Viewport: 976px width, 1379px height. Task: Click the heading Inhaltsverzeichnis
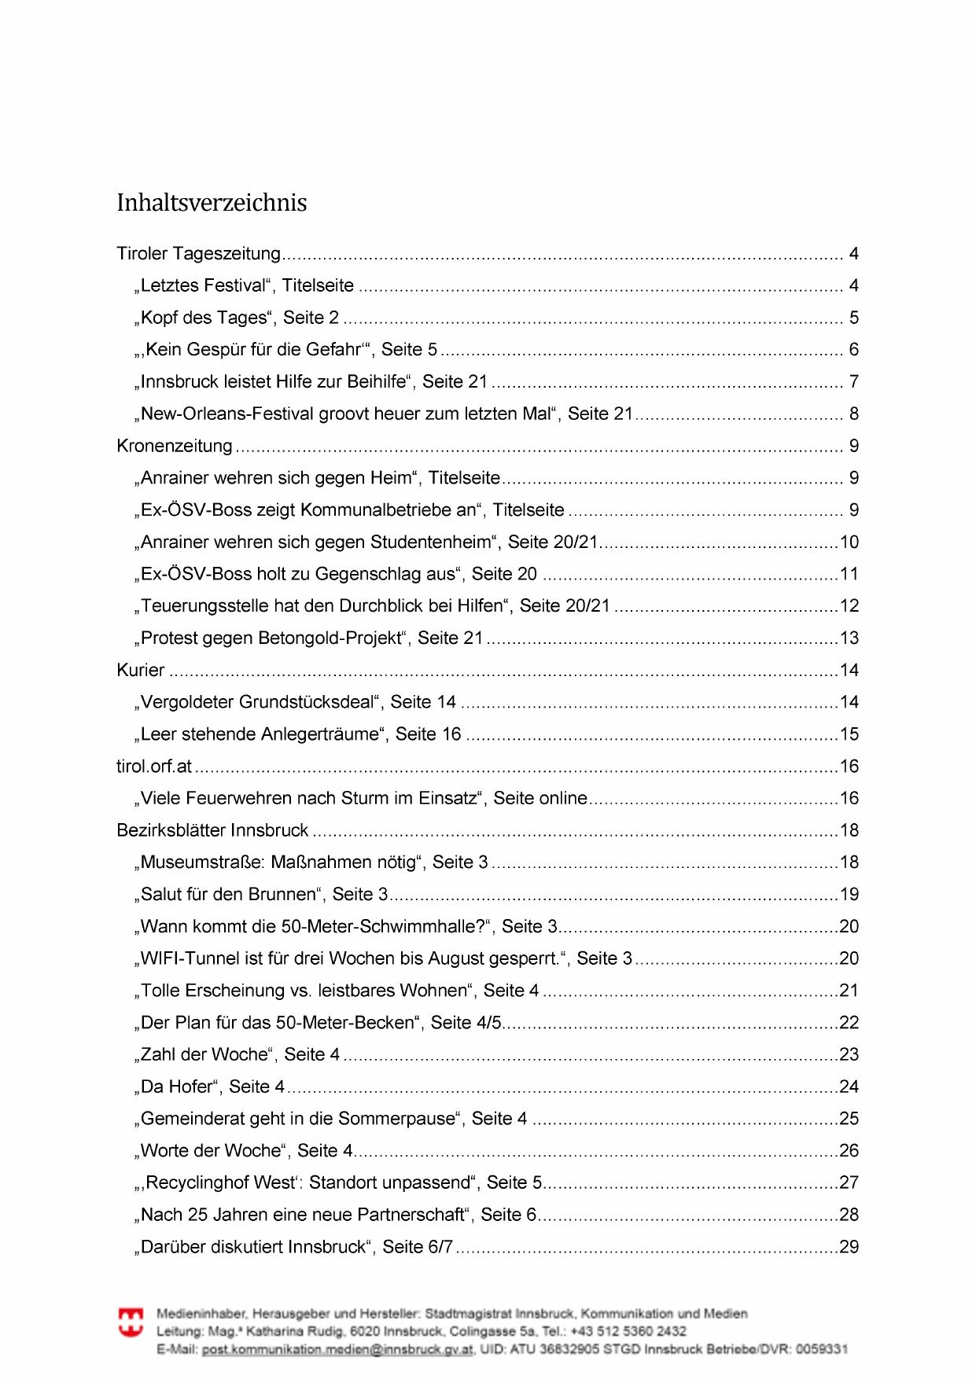click(x=212, y=203)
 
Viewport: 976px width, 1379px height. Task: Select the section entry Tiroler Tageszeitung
click(x=198, y=254)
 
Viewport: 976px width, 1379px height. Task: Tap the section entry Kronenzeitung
click(x=175, y=447)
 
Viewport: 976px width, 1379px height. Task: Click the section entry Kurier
click(x=141, y=671)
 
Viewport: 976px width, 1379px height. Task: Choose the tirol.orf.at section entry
click(x=154, y=767)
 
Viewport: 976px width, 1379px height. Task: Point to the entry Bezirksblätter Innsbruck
click(x=212, y=831)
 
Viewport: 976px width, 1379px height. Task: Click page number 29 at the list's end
click(x=849, y=1247)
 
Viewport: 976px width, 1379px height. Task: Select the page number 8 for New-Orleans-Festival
click(x=853, y=414)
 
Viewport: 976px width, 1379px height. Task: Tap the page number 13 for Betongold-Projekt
click(x=849, y=638)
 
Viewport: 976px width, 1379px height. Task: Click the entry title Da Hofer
click(x=177, y=1087)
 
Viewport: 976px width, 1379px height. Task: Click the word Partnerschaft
click(x=410, y=1215)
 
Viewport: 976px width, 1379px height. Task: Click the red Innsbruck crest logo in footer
click(x=131, y=1322)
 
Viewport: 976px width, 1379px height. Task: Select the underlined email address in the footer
click(x=337, y=1349)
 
